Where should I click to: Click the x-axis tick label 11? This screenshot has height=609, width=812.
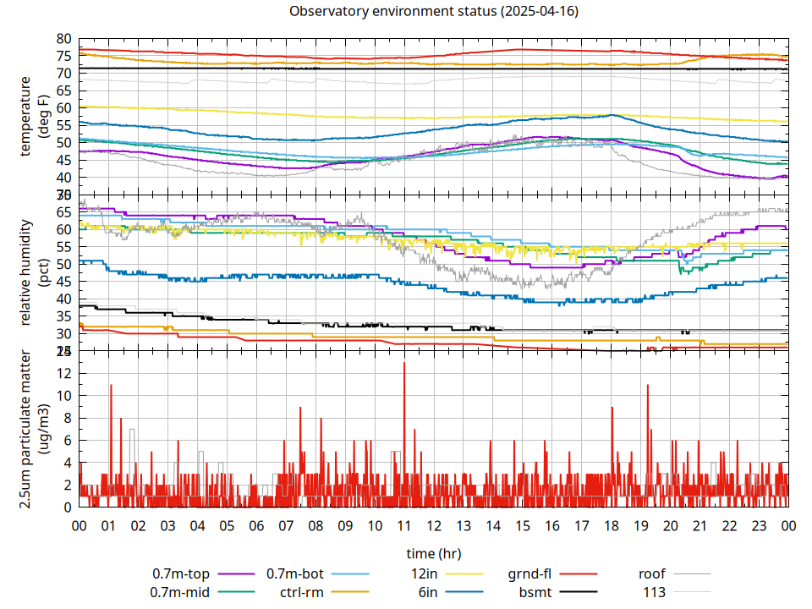coord(404,525)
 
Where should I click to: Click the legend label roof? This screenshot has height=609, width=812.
coord(652,573)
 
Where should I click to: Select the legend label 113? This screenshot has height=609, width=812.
coord(655,592)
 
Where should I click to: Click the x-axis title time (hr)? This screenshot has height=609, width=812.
coord(433,553)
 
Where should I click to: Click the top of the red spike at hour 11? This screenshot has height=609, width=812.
coord(404,363)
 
